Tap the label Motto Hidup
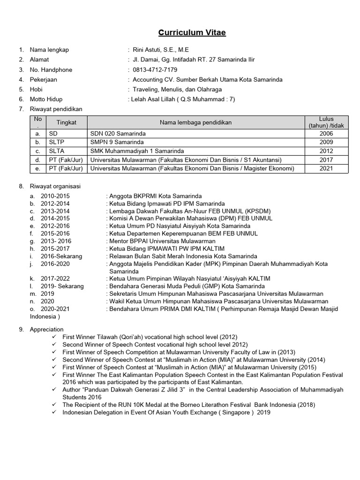click(x=46, y=99)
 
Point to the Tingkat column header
click(x=66, y=122)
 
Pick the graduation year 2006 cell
click(x=326, y=134)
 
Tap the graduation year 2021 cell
click(x=326, y=168)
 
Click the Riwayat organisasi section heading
click(x=55, y=186)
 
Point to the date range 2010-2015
click(x=55, y=196)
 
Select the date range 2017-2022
click(x=55, y=278)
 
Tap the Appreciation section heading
click(x=46, y=330)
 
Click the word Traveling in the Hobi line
click(x=146, y=89)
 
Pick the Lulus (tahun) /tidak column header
click(x=326, y=122)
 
